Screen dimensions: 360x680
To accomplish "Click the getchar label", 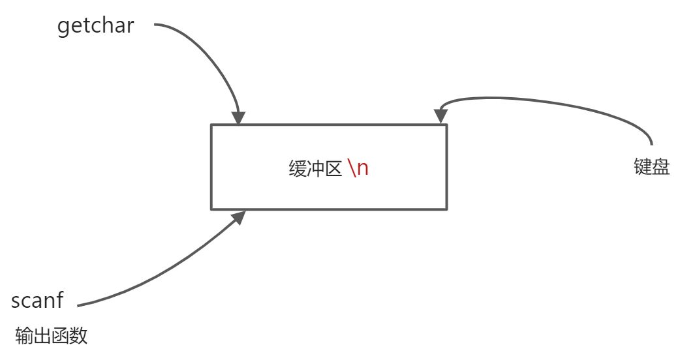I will [x=95, y=27].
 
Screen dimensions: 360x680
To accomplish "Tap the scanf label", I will [x=37, y=301].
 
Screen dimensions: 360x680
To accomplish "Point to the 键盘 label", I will [x=651, y=168].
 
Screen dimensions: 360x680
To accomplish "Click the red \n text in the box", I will [x=358, y=168].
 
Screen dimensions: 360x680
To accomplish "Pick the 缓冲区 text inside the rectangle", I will [x=316, y=169].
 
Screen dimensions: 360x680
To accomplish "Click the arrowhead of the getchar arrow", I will [x=238, y=118].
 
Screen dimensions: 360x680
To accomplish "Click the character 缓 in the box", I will [x=298, y=169].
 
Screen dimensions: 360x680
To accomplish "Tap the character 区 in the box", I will [x=334, y=169].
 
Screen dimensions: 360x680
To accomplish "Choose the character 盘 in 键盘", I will [x=660, y=168].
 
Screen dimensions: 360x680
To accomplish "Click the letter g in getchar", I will [x=63, y=28].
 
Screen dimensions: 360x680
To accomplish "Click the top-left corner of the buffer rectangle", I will [x=211, y=125].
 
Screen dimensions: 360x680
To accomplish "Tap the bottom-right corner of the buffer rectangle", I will [x=446, y=209].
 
